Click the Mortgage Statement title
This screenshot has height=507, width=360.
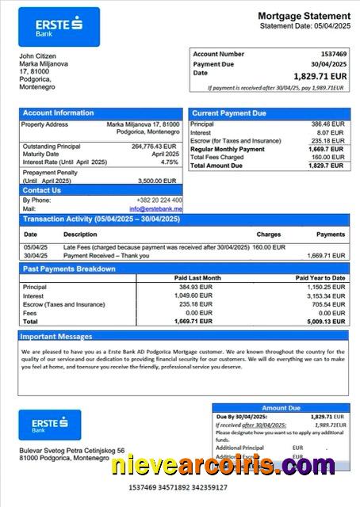[x=304, y=16]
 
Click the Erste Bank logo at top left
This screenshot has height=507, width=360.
[x=59, y=27]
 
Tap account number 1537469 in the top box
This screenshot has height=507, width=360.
[x=331, y=54]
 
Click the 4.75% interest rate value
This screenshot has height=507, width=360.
[x=170, y=162]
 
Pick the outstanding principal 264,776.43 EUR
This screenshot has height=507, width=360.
[x=153, y=147]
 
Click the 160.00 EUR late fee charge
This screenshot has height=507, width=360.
[x=268, y=247]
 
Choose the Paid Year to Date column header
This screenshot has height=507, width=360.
[x=320, y=278]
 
